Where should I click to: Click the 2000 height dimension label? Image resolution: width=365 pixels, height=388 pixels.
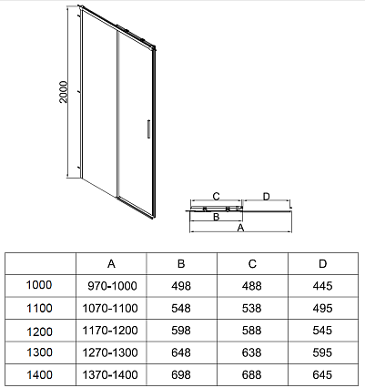click(x=64, y=92)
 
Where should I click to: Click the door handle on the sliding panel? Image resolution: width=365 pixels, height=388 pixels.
click(x=148, y=129)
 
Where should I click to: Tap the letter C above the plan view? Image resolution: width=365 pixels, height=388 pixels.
click(x=216, y=197)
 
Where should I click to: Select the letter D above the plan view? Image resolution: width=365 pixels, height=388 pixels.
click(x=266, y=197)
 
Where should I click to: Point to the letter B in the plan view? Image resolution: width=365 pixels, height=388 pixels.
click(x=216, y=217)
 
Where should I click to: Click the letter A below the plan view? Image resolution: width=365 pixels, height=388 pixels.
click(x=240, y=228)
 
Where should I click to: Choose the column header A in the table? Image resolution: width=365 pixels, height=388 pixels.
click(x=111, y=264)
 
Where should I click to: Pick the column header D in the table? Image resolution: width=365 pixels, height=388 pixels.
click(x=322, y=264)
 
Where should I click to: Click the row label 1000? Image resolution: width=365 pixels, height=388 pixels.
click(x=39, y=285)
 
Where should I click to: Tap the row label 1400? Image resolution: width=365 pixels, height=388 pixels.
click(x=39, y=375)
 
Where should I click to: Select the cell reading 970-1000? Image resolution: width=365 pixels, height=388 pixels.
click(x=112, y=286)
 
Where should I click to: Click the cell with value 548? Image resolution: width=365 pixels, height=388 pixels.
click(x=181, y=309)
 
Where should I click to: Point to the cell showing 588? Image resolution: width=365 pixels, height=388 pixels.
click(x=252, y=331)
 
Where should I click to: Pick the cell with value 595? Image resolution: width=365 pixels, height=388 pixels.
click(x=322, y=352)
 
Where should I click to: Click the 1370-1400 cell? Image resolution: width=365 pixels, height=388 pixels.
click(x=110, y=375)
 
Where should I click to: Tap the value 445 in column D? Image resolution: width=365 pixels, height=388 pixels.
click(x=322, y=286)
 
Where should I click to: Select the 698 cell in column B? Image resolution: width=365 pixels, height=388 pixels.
click(x=181, y=375)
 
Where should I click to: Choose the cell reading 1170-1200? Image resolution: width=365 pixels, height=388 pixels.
click(x=110, y=331)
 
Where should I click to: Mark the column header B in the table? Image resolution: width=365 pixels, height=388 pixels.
click(x=181, y=264)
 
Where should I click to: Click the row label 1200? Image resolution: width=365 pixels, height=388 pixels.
click(x=39, y=332)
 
